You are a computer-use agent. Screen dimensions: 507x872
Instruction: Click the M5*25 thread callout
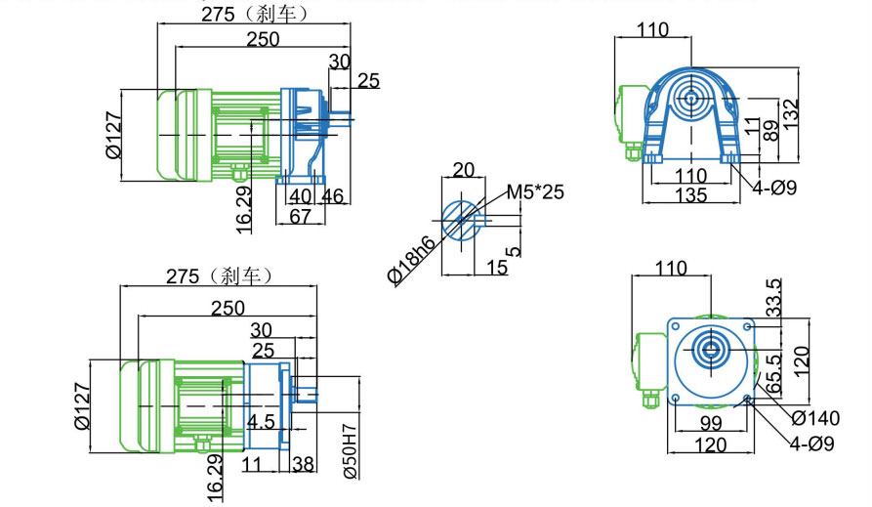tap(535, 192)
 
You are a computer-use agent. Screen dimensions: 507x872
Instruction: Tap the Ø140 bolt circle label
tap(814, 418)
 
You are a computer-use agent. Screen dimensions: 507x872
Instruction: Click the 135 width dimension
tap(690, 194)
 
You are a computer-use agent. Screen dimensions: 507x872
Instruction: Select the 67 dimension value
tap(299, 216)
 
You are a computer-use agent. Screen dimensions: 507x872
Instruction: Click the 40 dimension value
tap(300, 196)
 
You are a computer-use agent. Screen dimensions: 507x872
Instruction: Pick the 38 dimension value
tap(303, 465)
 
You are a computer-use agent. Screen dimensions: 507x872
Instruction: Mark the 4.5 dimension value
tap(260, 421)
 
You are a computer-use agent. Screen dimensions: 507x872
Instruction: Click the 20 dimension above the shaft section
tap(464, 169)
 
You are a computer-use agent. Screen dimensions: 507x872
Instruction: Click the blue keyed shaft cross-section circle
tap(459, 221)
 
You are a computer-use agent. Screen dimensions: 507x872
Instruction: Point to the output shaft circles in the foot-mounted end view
tap(691, 99)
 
